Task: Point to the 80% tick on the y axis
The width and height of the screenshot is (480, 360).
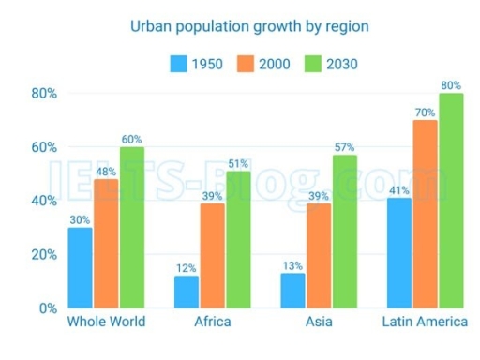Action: click(44, 94)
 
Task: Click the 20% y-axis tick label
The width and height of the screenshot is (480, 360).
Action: click(44, 254)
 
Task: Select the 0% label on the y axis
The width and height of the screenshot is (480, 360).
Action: click(48, 308)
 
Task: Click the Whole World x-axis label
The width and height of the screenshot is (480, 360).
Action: click(105, 323)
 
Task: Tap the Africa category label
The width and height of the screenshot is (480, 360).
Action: click(211, 323)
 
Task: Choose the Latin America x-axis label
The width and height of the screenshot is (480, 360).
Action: click(424, 323)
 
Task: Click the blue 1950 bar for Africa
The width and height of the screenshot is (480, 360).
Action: click(186, 292)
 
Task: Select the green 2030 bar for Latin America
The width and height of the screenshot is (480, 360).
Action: click(451, 201)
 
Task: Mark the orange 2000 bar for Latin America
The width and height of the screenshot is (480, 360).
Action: click(425, 214)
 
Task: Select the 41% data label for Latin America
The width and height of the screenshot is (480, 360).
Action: click(398, 187)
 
